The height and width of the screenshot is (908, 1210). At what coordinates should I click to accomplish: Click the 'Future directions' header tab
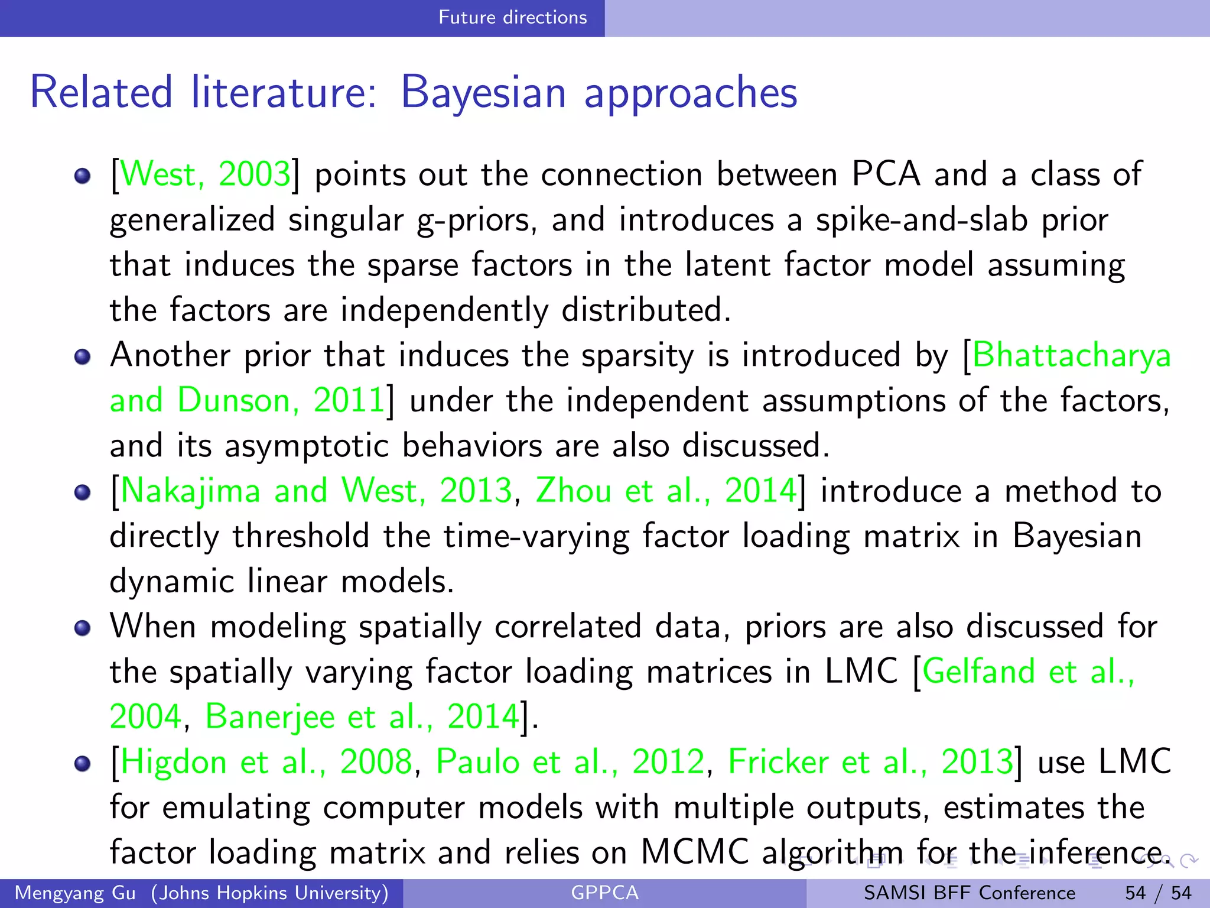tap(512, 17)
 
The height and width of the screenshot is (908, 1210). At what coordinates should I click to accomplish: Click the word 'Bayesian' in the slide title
tap(483, 93)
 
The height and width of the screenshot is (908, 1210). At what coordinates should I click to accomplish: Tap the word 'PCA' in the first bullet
tap(886, 174)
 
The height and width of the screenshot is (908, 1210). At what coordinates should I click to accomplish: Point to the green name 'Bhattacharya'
tap(1071, 355)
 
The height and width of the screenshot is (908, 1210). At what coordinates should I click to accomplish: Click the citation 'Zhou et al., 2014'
tap(666, 491)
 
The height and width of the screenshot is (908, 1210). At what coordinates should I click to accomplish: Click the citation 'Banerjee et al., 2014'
tap(362, 716)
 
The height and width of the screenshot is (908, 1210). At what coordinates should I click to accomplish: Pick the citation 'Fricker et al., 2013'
tap(870, 761)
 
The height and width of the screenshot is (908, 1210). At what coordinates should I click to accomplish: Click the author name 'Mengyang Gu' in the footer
tap(76, 893)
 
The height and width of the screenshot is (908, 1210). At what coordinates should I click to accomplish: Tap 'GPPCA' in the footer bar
tap(604, 893)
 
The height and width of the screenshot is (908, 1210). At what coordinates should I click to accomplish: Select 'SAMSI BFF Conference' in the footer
tap(969, 893)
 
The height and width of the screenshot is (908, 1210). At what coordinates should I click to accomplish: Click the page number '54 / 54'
tap(1158, 893)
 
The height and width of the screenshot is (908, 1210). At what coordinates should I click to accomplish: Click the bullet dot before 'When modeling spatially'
tap(83, 628)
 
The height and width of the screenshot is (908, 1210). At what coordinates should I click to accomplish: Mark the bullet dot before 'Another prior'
tap(83, 356)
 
